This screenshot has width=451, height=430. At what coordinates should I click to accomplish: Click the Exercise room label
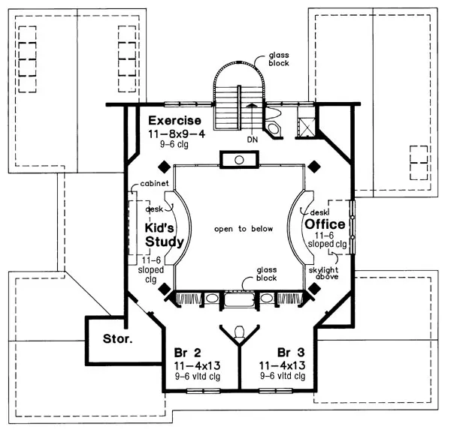pyautogui.click(x=174, y=120)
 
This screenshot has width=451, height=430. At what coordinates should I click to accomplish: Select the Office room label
pyautogui.click(x=325, y=224)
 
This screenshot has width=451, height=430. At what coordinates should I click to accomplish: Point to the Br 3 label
pyautogui.click(x=289, y=353)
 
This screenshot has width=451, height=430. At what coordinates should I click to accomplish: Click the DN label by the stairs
pyautogui.click(x=252, y=139)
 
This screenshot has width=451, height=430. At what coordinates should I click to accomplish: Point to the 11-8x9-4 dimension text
pyautogui.click(x=174, y=133)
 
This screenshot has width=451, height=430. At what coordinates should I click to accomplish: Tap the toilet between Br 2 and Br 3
pyautogui.click(x=239, y=331)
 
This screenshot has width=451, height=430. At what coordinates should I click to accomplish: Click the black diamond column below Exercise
pyautogui.click(x=164, y=166)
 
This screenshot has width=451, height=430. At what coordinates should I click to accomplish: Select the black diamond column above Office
pyautogui.click(x=316, y=166)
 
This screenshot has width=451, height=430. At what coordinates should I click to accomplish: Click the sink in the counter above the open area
pyautogui.click(x=238, y=160)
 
